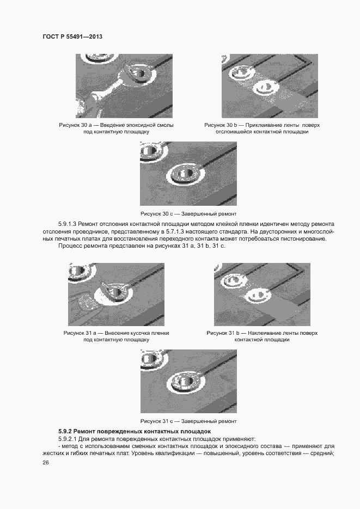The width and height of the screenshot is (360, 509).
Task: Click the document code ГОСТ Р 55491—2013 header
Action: tap(72, 36)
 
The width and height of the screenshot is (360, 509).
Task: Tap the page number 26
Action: tap(45, 463)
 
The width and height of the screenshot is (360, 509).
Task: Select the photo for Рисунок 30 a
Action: tap(124, 86)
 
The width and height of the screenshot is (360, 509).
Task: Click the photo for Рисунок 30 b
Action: tap(270, 86)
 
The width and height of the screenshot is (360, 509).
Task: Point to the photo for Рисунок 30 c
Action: tap(188, 173)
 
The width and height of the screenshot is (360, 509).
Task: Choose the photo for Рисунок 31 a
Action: tap(116, 295)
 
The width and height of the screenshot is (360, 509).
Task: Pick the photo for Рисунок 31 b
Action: tap(262, 295)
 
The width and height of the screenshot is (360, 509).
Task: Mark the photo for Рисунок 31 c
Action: tap(188, 381)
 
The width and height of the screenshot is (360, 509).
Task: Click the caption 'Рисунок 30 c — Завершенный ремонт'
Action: tap(188, 214)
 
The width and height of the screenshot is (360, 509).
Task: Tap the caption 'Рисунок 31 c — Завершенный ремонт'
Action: tap(188, 421)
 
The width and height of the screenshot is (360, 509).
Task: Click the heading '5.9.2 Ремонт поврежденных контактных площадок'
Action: tap(135, 431)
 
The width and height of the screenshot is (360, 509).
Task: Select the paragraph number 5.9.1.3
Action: tap(67, 224)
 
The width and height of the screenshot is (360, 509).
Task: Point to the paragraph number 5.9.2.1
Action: tap(67, 439)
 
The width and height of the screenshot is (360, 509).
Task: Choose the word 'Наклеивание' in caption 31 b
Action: tap(264, 333)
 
